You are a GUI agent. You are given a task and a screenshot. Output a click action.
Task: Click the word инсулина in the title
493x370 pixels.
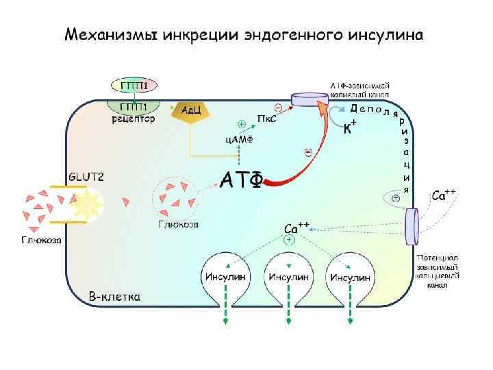[x=385, y=35]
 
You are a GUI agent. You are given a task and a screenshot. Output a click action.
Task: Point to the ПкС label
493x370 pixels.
[x=266, y=119]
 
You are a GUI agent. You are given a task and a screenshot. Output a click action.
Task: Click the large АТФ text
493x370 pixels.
[x=240, y=180]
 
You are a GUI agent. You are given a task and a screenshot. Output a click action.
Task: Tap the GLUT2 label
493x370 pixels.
[x=86, y=177]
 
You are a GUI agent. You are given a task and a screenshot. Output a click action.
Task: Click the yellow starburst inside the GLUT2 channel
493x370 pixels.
[x=87, y=203]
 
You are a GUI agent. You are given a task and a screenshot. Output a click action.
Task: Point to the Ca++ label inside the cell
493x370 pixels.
[x=296, y=227]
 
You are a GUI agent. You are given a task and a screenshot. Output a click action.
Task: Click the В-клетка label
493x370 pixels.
[x=116, y=297]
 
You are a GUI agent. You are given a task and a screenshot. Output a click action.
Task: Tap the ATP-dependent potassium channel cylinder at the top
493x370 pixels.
[x=311, y=100]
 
